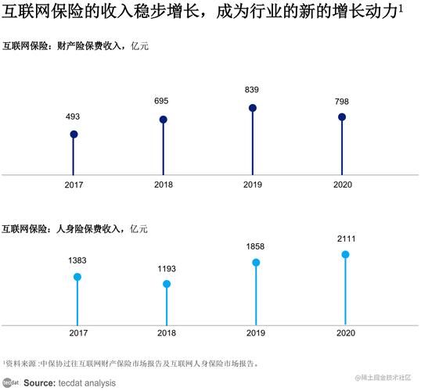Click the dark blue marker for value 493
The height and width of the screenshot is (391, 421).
click(x=74, y=135)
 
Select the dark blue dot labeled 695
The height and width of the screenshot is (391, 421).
click(x=164, y=120)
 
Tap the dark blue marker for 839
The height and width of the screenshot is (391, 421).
click(x=253, y=108)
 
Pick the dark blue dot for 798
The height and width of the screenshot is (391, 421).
click(x=342, y=117)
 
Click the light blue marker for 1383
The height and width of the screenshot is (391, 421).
click(x=77, y=277)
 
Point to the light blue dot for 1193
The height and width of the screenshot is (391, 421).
click(x=167, y=284)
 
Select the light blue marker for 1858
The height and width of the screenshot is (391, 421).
click(x=256, y=263)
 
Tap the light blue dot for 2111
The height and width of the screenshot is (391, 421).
click(x=345, y=254)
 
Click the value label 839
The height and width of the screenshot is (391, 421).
click(x=253, y=90)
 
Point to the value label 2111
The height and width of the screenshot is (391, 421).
click(x=345, y=237)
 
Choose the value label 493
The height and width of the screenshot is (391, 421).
click(x=72, y=117)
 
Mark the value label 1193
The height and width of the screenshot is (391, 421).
click(x=167, y=267)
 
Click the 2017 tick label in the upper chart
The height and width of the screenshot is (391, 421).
click(x=74, y=185)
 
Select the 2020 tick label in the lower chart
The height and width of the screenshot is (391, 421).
click(x=345, y=333)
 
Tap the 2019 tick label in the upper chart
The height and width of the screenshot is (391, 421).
click(x=253, y=185)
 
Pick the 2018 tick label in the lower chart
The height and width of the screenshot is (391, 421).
click(x=167, y=333)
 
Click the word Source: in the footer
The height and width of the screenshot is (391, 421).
click(x=38, y=383)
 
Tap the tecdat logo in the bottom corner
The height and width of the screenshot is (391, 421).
click(x=9, y=382)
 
